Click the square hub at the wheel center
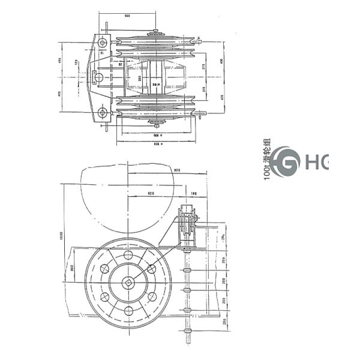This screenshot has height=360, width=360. point(128,283)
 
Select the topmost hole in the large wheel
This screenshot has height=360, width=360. point(128,256)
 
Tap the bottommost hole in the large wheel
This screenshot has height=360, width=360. point(128,310)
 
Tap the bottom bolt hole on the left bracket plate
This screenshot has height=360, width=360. point(103,112)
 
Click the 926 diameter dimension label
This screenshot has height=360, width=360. point(157,145)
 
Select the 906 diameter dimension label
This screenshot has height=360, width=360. point(157,136)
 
